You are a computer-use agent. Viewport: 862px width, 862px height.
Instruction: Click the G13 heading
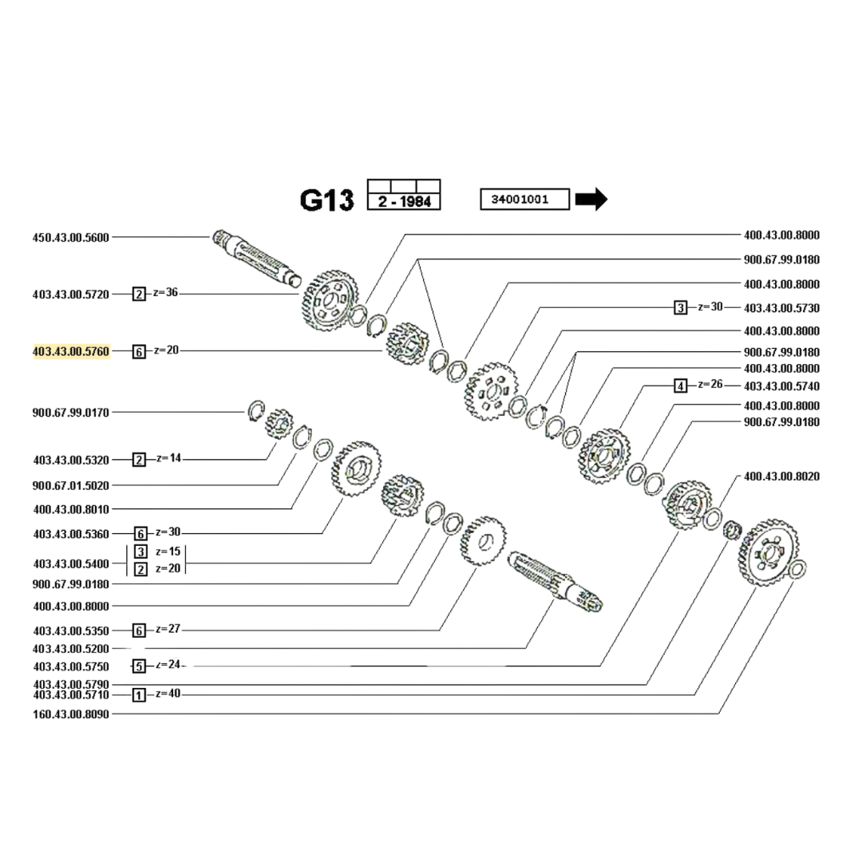[326, 200]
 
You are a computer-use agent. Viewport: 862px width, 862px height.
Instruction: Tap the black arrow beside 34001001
[591, 199]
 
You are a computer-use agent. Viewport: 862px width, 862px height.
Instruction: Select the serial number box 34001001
[524, 199]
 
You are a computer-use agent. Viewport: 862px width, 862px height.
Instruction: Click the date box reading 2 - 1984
[404, 202]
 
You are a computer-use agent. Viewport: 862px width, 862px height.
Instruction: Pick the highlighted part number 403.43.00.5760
[71, 351]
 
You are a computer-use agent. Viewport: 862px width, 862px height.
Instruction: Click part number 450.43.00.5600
[71, 237]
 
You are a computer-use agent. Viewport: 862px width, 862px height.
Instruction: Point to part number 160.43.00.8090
[71, 714]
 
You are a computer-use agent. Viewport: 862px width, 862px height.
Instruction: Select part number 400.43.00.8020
[781, 476]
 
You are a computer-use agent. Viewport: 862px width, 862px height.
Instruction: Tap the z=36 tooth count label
[166, 292]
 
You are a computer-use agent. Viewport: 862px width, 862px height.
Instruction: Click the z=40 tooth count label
[168, 694]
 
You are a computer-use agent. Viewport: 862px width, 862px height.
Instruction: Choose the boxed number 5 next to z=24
[140, 666]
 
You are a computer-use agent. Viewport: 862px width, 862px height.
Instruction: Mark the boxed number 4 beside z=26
[680, 386]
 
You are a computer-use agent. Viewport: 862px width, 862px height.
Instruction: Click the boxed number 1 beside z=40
[139, 695]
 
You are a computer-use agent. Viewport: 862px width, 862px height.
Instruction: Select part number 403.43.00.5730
[781, 308]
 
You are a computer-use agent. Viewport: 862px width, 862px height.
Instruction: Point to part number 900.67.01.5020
[71, 485]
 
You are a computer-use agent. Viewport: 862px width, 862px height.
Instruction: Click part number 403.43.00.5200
[71, 649]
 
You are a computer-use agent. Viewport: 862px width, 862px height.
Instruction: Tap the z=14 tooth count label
[168, 458]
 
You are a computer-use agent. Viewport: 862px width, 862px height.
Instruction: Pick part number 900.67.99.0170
[71, 413]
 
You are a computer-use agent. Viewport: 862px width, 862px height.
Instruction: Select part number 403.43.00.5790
[71, 684]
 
